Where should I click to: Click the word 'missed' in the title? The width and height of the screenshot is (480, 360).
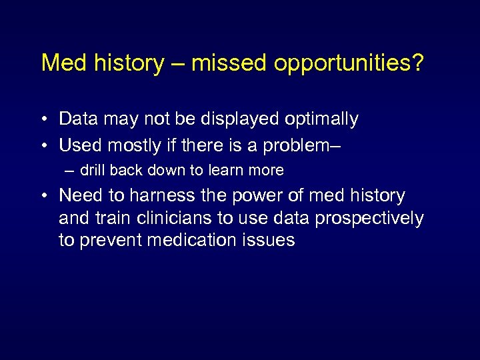(x=228, y=63)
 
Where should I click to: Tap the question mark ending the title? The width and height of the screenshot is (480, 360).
(x=417, y=63)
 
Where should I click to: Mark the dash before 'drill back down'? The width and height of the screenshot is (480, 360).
(x=70, y=171)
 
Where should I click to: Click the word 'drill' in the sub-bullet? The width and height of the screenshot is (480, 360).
(x=93, y=171)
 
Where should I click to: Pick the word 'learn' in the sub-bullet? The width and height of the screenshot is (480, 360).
(x=227, y=171)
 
